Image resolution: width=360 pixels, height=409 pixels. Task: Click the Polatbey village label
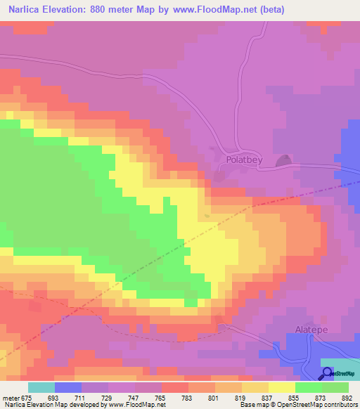tap(245, 160)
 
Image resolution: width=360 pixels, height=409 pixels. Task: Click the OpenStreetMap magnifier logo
tap(327, 373)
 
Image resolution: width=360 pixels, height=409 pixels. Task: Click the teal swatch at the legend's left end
tap(41, 387)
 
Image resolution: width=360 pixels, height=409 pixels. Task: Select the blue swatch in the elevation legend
tap(68, 387)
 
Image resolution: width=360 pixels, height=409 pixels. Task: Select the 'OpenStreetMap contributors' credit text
tap(321, 405)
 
